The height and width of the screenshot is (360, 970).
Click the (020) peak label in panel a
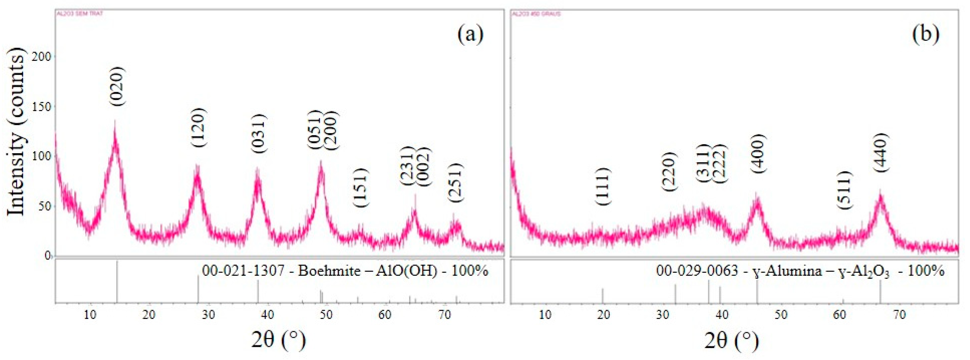click(117, 86)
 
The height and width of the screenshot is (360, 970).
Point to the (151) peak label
click(361, 187)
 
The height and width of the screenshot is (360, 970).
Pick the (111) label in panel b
click(603, 186)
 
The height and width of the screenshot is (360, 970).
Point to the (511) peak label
click(844, 190)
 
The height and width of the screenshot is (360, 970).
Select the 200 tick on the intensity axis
click(43, 57)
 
